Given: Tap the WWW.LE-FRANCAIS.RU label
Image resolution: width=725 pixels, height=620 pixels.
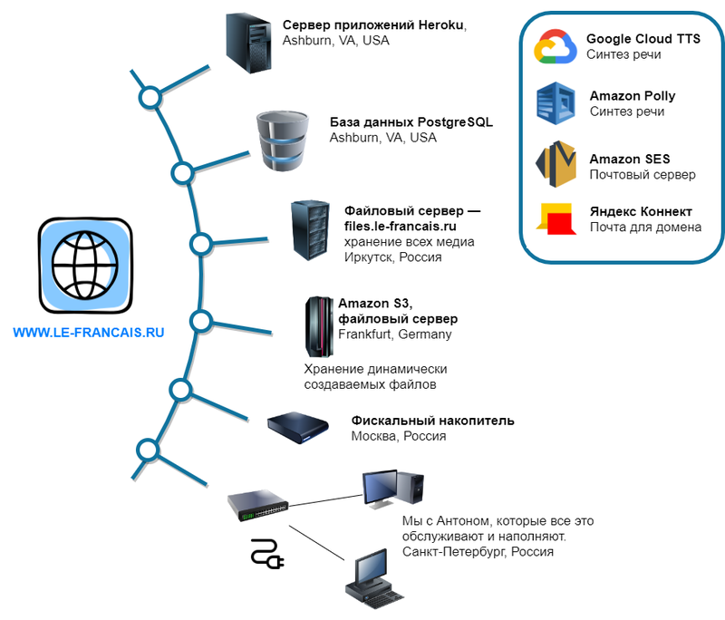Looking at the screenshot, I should (x=88, y=333).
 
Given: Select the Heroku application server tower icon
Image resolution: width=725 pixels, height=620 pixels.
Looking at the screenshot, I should (x=248, y=42).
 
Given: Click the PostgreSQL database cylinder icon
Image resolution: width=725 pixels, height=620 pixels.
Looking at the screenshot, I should (x=282, y=141).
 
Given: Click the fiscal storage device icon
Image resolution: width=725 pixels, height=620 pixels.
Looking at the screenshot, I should (x=297, y=426).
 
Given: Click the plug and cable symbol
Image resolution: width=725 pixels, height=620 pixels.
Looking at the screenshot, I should (x=267, y=554).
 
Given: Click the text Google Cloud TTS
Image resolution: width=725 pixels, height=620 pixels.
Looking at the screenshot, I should (x=643, y=39).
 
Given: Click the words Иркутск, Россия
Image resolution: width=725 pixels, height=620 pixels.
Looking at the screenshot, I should (x=392, y=257).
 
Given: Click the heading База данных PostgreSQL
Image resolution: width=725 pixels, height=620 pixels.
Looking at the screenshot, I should (x=411, y=122).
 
